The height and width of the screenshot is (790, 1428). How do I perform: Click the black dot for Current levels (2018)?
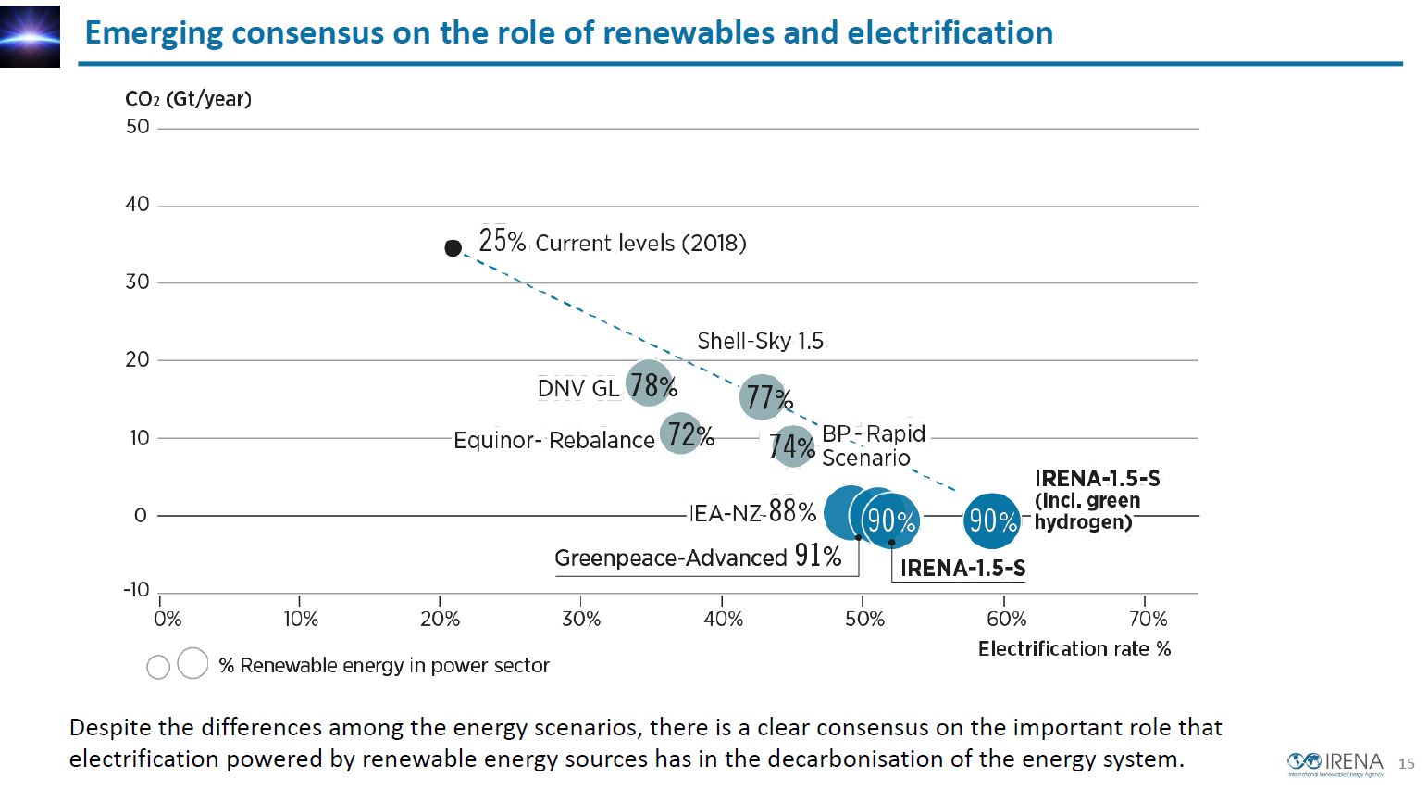click(x=453, y=247)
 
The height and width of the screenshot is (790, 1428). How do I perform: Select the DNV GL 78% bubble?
click(x=650, y=384)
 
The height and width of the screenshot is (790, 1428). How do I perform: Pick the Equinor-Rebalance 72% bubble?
click(x=682, y=433)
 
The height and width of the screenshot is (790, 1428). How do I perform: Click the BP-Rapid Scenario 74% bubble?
click(x=791, y=446)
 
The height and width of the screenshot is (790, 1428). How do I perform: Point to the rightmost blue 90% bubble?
click(x=991, y=520)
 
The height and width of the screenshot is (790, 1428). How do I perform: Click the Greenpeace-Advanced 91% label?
click(x=698, y=557)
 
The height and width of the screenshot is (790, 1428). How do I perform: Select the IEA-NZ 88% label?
click(x=752, y=511)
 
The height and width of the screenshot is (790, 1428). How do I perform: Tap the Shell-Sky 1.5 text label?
click(x=760, y=341)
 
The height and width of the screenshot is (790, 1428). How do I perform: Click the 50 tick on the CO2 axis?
click(x=138, y=127)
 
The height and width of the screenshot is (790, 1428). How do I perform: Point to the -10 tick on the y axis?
click(x=136, y=590)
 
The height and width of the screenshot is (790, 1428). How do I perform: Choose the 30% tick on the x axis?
click(x=581, y=619)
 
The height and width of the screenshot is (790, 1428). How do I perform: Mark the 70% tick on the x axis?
click(x=1148, y=619)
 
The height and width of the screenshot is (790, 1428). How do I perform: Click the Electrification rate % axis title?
click(x=1074, y=648)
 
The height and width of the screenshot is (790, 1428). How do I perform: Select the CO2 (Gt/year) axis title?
click(x=188, y=99)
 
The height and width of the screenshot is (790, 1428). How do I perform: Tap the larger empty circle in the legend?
click(x=192, y=663)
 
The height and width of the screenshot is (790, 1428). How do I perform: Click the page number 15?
click(x=1406, y=763)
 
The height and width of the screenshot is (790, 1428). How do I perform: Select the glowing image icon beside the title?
click(x=30, y=36)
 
